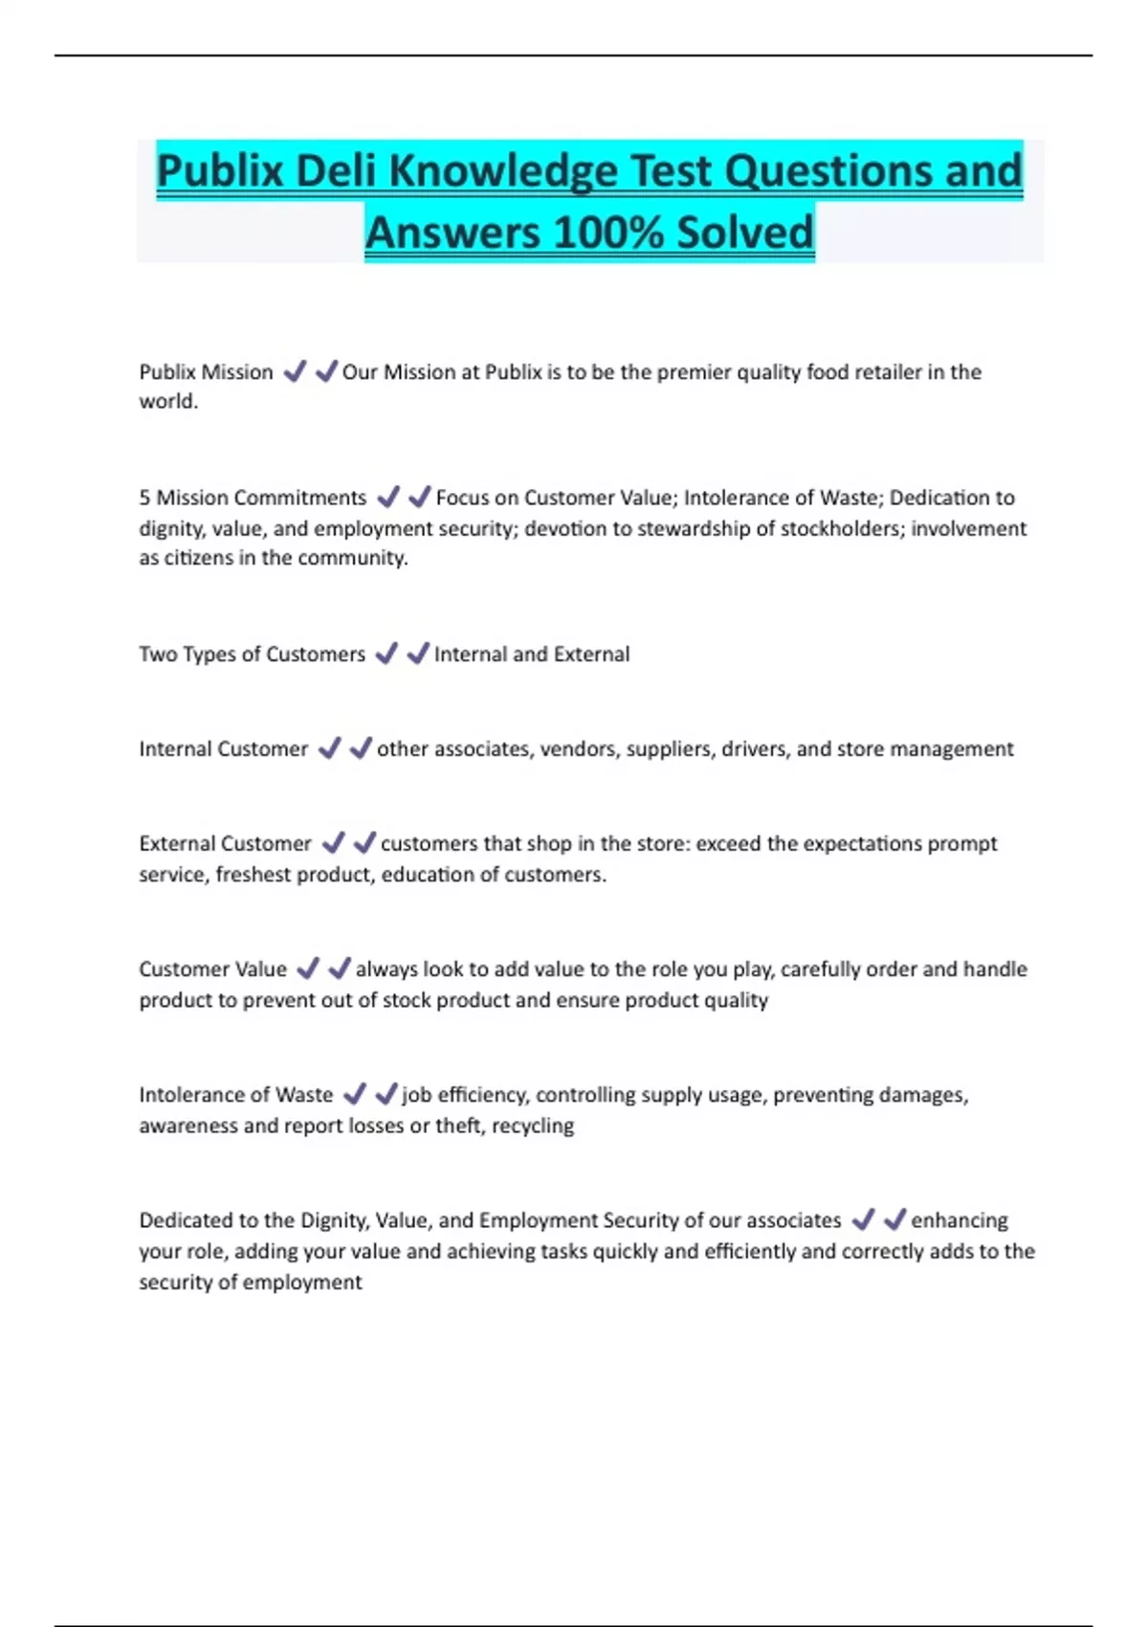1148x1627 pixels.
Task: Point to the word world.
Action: pos(168,402)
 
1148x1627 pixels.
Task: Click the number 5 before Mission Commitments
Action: pos(144,498)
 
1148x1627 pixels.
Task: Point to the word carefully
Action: pos(819,970)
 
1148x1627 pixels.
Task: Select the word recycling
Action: pos(533,1126)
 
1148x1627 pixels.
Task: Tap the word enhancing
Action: pos(960,1221)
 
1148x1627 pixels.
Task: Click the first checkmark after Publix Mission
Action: pos(295,371)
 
